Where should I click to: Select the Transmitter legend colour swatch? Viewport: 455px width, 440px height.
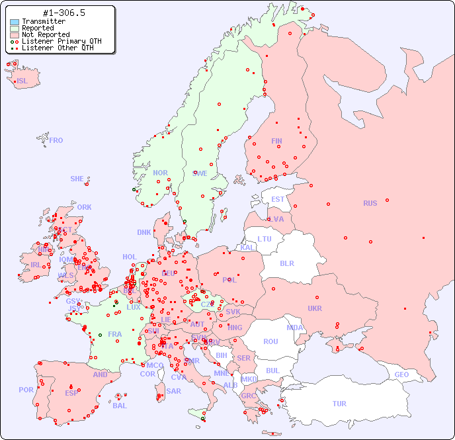click(x=15, y=22)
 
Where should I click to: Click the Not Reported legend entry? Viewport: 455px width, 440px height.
click(x=46, y=34)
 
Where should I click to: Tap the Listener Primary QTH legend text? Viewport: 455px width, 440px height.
click(x=62, y=41)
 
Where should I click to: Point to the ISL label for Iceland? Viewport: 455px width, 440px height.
click(x=22, y=81)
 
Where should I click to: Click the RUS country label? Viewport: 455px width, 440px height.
click(x=370, y=203)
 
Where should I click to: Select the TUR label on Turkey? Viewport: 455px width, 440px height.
click(x=339, y=404)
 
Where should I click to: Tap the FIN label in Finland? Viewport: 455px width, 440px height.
click(x=276, y=141)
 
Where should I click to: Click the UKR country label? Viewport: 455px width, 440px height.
click(x=315, y=308)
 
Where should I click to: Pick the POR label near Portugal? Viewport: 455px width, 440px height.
click(x=26, y=390)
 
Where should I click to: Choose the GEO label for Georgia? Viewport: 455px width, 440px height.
click(x=401, y=374)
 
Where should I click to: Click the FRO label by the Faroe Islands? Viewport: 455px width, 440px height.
click(x=56, y=140)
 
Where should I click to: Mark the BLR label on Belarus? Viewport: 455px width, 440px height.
click(x=287, y=263)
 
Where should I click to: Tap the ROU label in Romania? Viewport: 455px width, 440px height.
click(x=270, y=341)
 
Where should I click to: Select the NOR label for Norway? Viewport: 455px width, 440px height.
click(x=160, y=173)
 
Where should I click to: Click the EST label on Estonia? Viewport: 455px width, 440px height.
click(x=278, y=199)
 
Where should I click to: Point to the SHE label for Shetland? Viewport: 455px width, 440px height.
click(x=77, y=179)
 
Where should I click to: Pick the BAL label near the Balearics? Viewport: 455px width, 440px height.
click(x=120, y=406)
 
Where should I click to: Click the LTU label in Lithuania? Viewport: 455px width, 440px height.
click(x=265, y=239)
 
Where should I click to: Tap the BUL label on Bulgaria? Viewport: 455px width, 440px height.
click(x=272, y=371)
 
